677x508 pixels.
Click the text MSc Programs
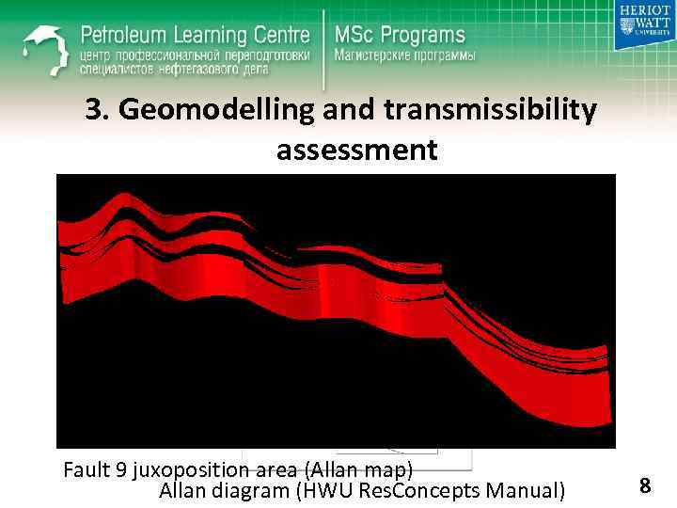tap(400, 36)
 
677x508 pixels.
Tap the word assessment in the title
tap(356, 151)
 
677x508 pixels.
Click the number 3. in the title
tap(96, 112)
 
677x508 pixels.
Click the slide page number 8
tap(645, 485)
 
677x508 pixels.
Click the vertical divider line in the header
tap(323, 41)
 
